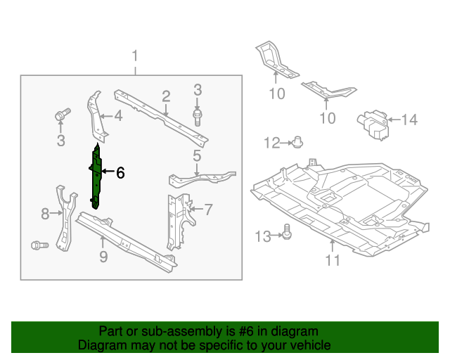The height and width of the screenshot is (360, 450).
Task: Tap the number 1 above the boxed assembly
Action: click(x=135, y=56)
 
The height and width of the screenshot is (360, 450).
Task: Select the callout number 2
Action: click(x=166, y=96)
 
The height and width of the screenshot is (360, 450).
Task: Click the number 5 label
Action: click(x=197, y=156)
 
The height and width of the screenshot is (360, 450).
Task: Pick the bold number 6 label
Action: click(x=120, y=172)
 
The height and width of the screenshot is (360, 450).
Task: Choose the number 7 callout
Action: click(x=207, y=209)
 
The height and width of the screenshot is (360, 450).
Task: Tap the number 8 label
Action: click(x=45, y=213)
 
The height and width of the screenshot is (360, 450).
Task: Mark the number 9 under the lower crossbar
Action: click(x=103, y=257)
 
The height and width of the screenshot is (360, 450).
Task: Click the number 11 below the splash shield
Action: click(x=332, y=261)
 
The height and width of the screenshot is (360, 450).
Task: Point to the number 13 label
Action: click(x=262, y=237)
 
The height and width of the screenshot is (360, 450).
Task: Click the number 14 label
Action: click(x=409, y=120)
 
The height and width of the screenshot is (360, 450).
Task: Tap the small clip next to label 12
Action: click(x=297, y=143)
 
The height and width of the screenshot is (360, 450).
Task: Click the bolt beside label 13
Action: click(x=287, y=231)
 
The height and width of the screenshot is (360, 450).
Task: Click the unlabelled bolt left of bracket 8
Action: click(x=38, y=245)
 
